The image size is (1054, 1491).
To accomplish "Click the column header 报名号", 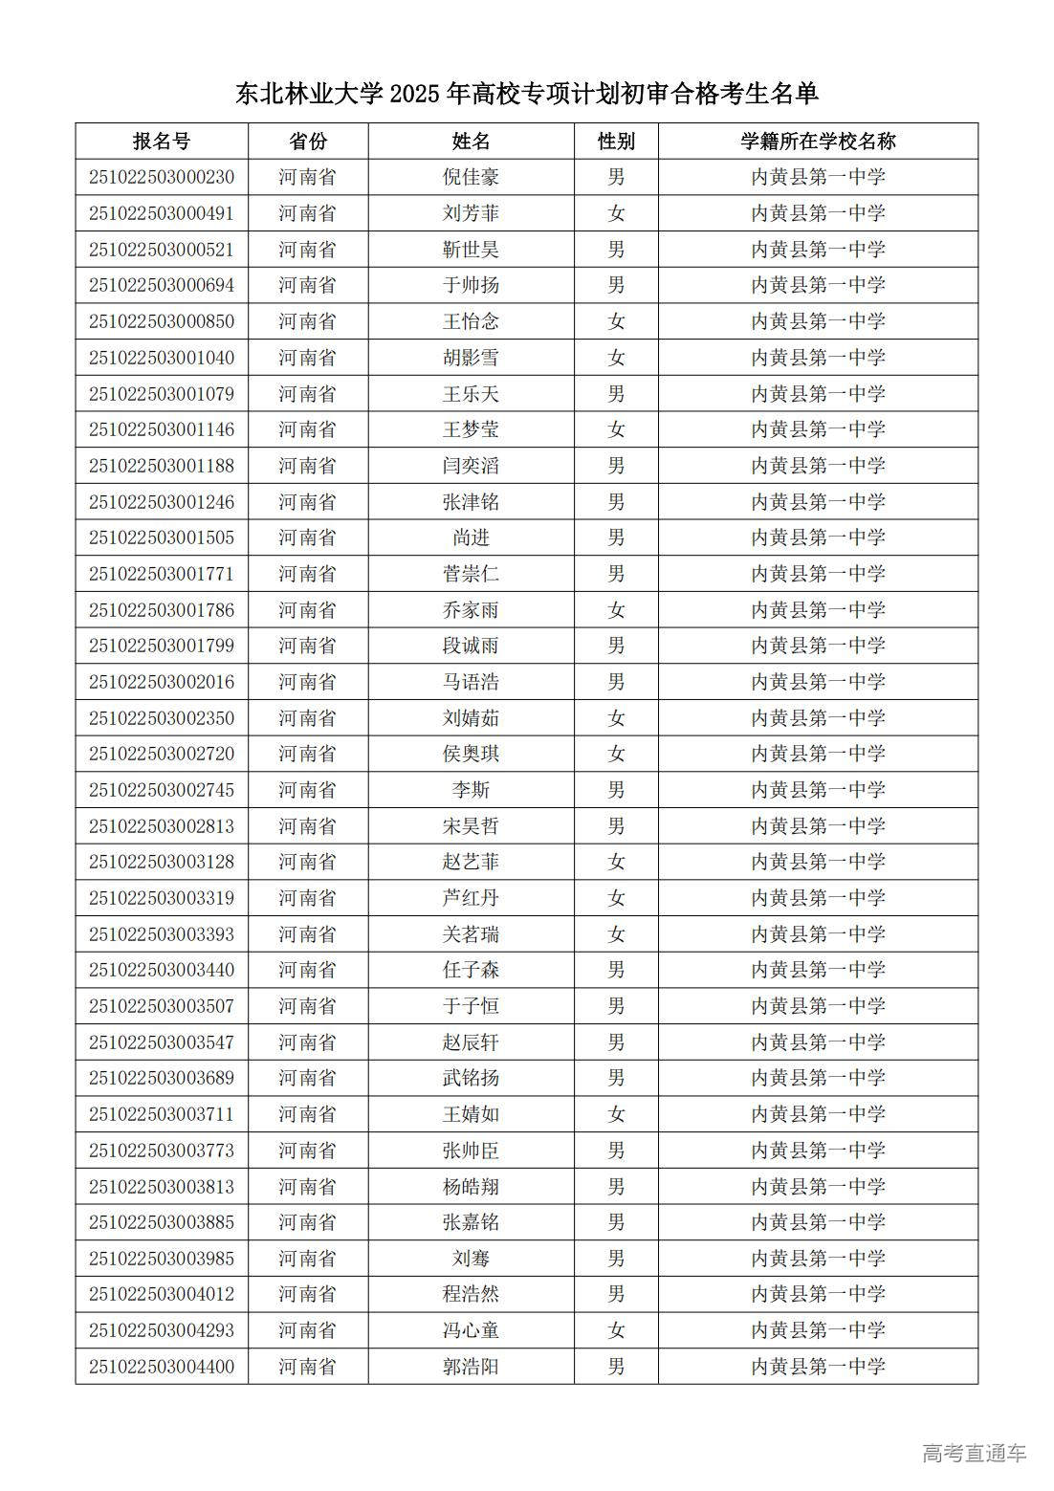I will pos(162,142).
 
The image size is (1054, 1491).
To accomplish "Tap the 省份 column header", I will pos(308,142).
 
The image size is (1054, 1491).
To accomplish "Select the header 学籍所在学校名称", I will pos(818,142).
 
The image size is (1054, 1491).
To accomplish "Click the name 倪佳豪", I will pos(471,178).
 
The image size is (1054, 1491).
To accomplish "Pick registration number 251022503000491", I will pos(162,213).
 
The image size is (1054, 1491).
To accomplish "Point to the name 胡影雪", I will pos(471,358).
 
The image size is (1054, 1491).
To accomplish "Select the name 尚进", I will pos(471,537).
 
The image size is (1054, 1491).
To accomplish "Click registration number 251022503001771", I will pos(162,574).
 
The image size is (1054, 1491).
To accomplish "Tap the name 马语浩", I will pos(471,682).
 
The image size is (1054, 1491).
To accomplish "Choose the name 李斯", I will pos(471,790).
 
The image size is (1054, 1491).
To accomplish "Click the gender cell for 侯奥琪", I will pos(616,754).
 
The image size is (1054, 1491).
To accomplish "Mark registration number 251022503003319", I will pos(162,898).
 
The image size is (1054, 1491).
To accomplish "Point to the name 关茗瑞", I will pos(471,934).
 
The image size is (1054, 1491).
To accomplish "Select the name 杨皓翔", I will pos(471,1187).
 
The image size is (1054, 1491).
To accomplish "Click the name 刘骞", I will pos(471,1259).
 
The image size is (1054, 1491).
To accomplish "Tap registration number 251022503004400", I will pos(162,1367).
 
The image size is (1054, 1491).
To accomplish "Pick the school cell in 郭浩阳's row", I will pos(818,1367).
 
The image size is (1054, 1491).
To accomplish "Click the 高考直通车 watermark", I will pos(974,1453).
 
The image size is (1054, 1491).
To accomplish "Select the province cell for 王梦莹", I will pos(308,429).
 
